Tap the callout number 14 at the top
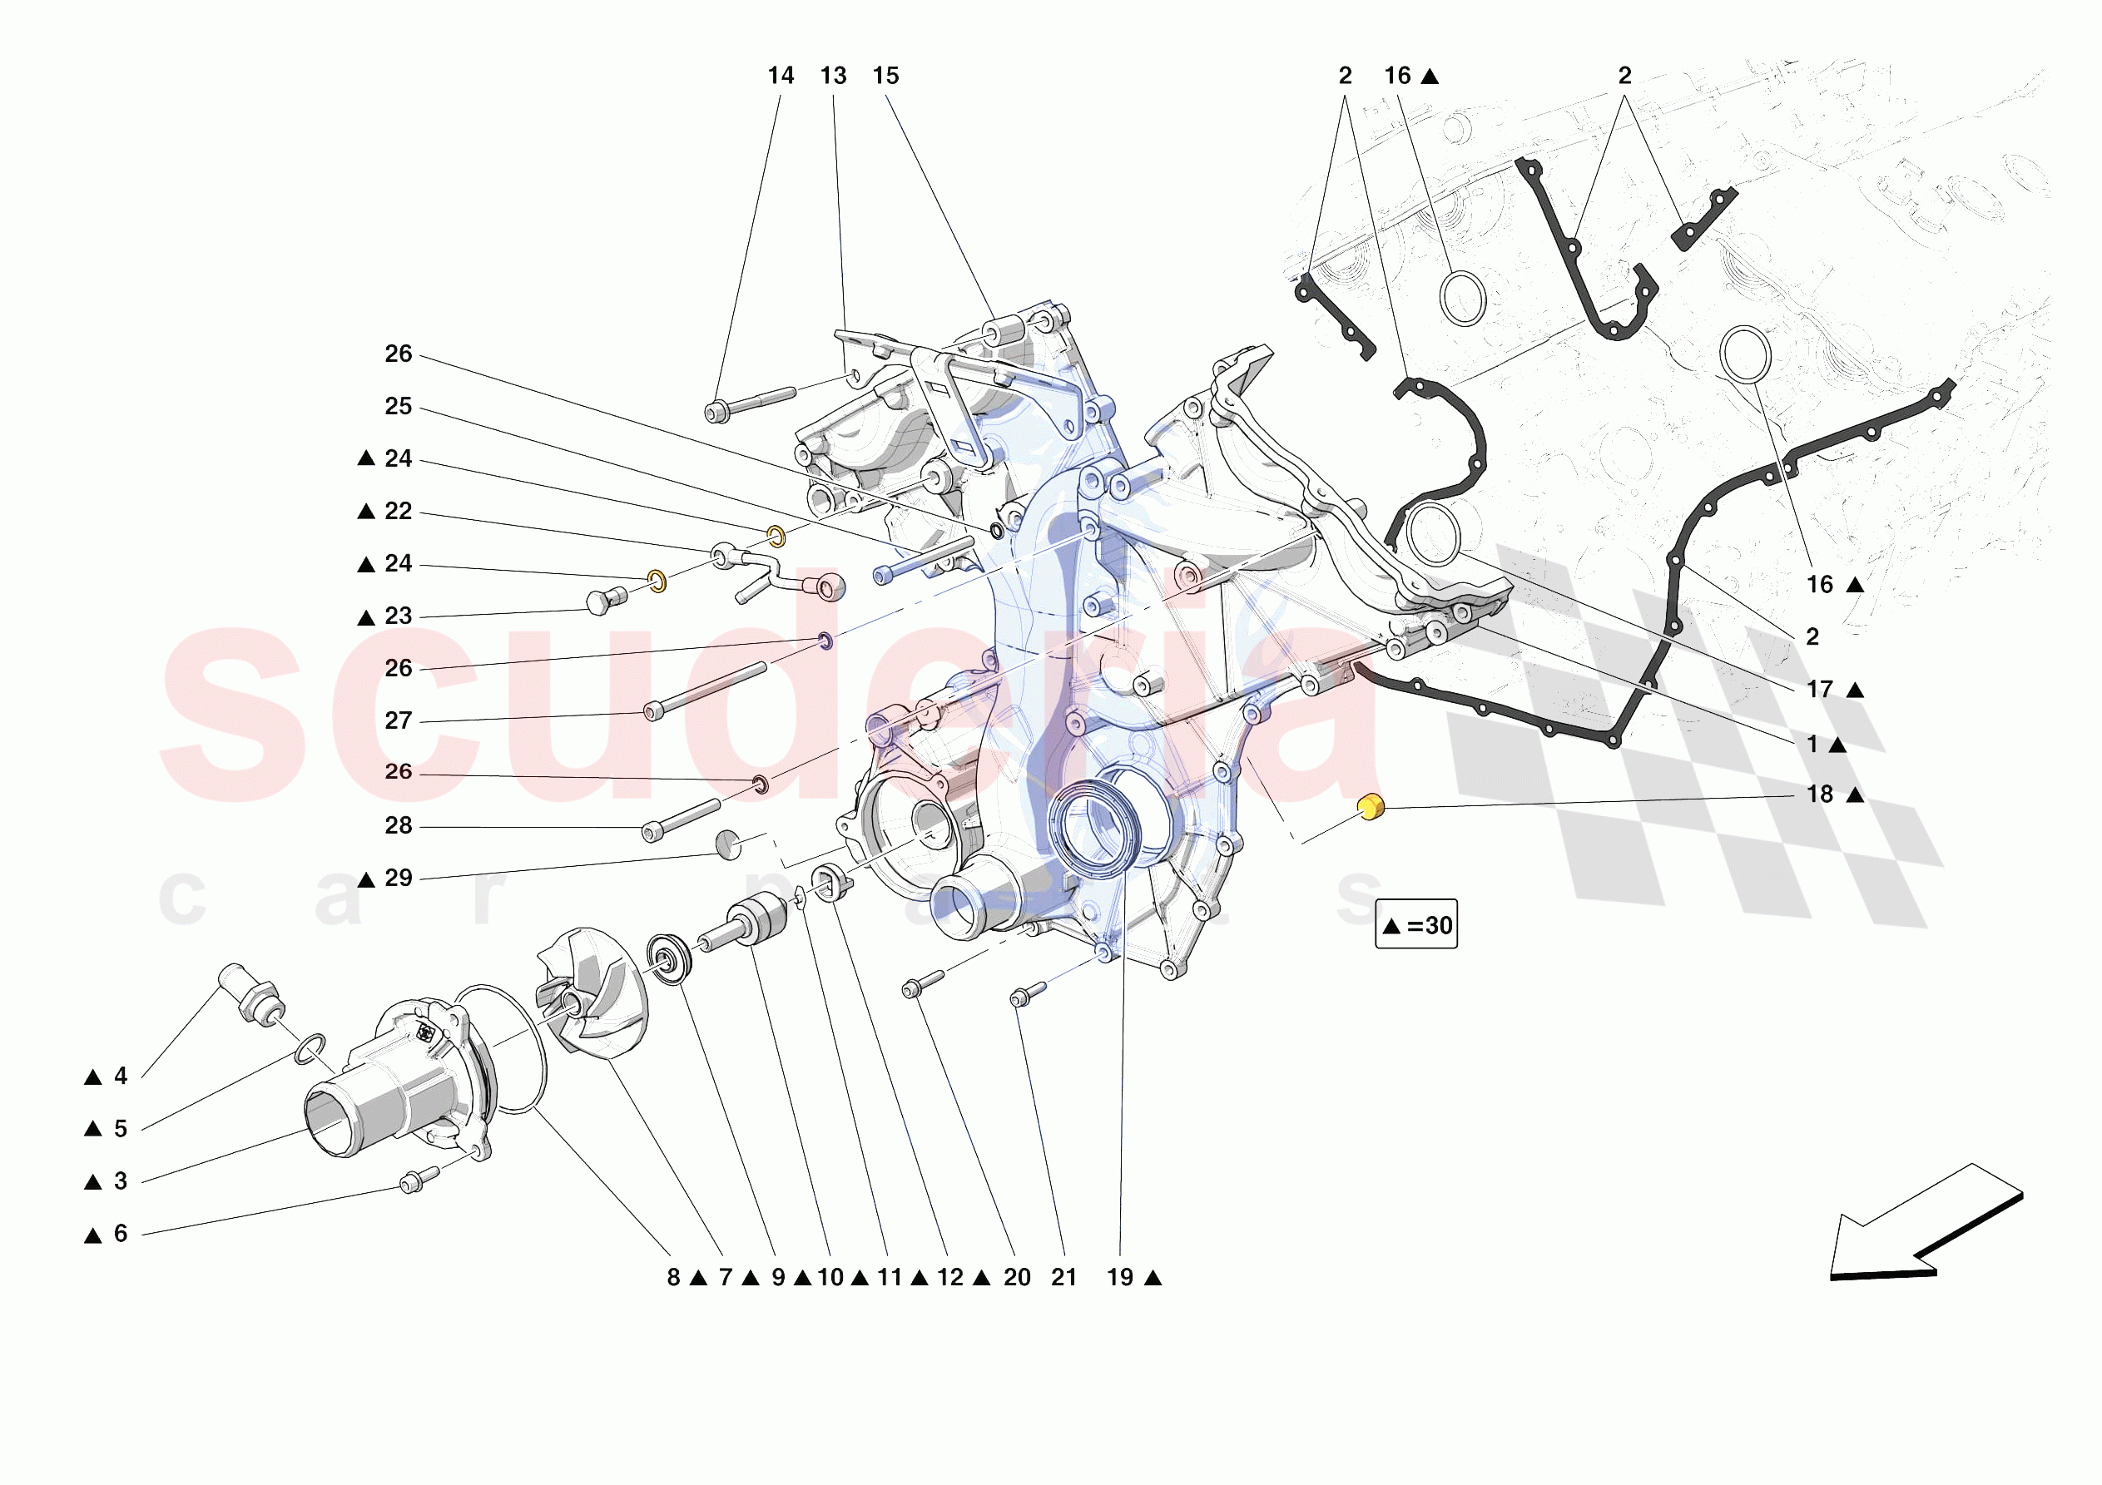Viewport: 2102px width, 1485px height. coord(780,76)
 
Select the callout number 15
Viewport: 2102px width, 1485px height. coord(885,76)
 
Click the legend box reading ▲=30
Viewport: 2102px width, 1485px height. coord(1415,923)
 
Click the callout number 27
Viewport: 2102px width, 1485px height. coord(399,720)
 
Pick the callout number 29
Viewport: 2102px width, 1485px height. coord(399,878)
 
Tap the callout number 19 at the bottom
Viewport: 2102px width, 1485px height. coord(1120,1277)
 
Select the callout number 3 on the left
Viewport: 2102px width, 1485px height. coord(120,1181)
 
